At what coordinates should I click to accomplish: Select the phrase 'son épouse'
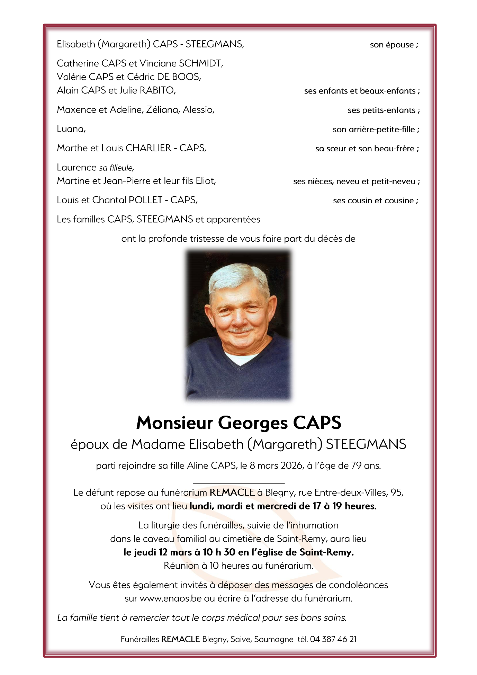[392, 45]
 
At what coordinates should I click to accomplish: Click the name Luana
[71, 129]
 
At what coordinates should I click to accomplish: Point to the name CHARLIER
[148, 148]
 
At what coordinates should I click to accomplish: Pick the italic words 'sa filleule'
[116, 168]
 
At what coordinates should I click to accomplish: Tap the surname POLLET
[145, 200]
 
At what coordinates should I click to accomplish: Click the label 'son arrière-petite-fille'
[374, 130]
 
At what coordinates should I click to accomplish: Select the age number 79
[356, 466]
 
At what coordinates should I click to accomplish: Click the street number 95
[397, 492]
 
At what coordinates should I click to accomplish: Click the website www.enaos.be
[170, 598]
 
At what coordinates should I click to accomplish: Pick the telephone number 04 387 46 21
[333, 639]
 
